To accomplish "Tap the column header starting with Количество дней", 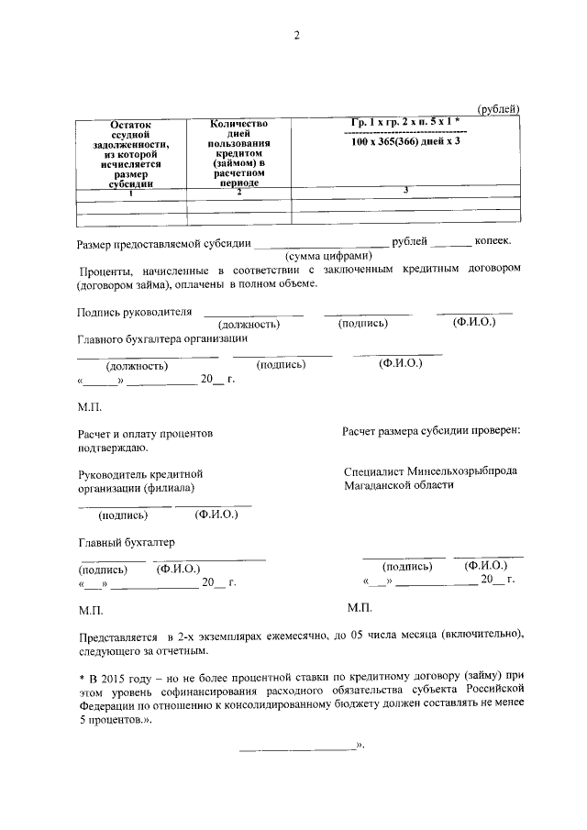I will pyautogui.click(x=238, y=151).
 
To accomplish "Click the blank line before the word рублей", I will pyautogui.click(x=319, y=245).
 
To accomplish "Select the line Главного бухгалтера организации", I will pyautogui.click(x=162, y=338).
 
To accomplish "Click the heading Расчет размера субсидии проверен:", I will pyautogui.click(x=431, y=430).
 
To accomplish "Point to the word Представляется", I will pyautogui.click(x=113, y=635).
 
